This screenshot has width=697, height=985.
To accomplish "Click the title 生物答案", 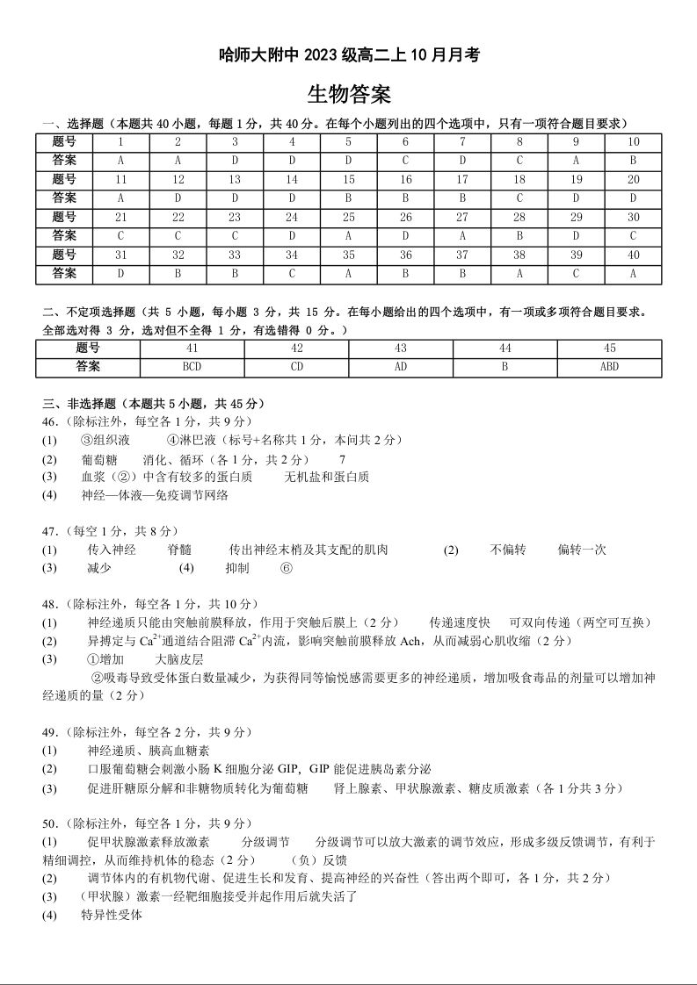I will point(349,94).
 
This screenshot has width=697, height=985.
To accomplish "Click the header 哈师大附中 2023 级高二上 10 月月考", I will point(349,54).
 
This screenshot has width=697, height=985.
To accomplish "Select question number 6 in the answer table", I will point(405,142).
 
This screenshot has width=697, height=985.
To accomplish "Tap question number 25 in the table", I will point(348,217).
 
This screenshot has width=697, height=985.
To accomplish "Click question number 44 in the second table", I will point(505,349).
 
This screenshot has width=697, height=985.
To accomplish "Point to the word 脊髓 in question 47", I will point(178,550).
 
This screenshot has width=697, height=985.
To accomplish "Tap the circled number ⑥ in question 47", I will point(286,568).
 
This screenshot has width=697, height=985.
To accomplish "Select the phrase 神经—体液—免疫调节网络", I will point(155,495).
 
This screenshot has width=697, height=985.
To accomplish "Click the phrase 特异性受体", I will point(112,916).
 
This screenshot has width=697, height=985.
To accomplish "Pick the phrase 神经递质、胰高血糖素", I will point(149,751).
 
